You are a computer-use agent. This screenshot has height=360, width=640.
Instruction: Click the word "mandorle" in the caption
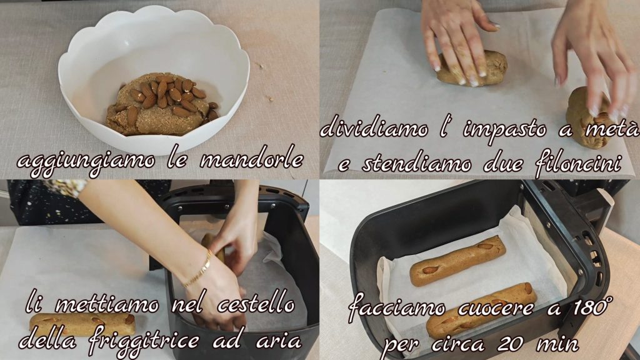point(251,161)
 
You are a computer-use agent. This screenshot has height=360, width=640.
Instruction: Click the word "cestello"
point(255,304)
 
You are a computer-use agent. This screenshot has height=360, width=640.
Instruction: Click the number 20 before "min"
point(511,344)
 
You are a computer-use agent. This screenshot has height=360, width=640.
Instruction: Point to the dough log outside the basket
point(82,324)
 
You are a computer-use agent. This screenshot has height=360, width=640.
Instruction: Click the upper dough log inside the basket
point(457,260)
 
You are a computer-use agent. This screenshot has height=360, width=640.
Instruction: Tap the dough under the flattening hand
point(472,68)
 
